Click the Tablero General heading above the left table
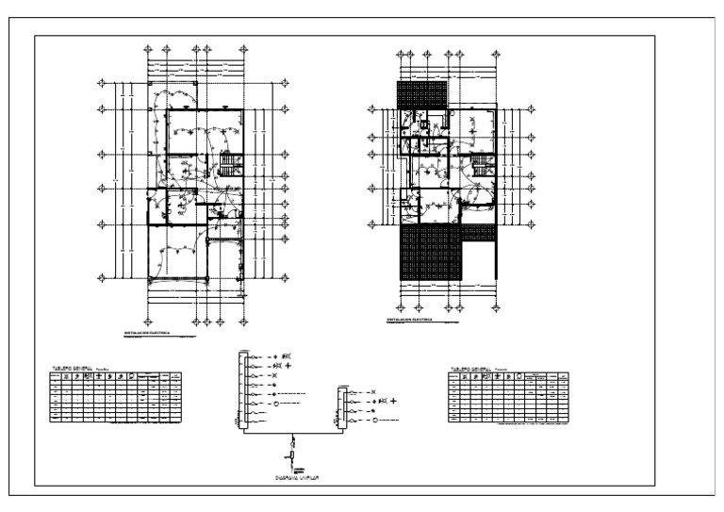[73, 368]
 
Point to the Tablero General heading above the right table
[470, 369]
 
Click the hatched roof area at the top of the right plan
[421, 95]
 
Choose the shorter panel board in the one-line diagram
[342, 411]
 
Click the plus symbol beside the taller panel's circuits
[289, 363]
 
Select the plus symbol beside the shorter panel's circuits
[393, 401]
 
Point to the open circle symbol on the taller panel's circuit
[277, 404]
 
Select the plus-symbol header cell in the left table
[98, 378]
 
